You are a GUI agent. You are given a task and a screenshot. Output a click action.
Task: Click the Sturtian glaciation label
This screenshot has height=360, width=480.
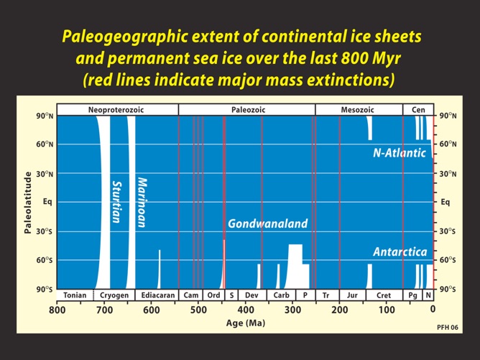[117, 202]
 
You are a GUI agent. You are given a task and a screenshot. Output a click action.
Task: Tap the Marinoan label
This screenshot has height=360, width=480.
[142, 202]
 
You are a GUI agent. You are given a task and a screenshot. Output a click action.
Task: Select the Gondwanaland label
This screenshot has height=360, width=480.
[267, 223]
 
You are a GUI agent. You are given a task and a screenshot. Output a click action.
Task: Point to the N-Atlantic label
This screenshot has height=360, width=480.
[399, 153]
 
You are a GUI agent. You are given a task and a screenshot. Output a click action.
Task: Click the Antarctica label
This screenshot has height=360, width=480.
[400, 252]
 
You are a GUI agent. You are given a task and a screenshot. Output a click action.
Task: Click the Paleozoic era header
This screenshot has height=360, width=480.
[246, 110]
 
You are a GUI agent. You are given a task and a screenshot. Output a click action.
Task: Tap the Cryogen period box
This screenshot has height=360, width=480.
[114, 295]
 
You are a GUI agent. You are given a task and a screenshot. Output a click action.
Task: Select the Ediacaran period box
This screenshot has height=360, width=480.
[155, 295]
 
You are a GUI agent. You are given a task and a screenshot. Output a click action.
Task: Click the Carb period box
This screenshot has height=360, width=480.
[281, 295]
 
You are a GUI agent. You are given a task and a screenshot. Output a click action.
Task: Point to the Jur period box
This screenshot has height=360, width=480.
[352, 295]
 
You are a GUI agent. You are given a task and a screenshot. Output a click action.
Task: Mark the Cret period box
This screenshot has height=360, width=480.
[384, 295]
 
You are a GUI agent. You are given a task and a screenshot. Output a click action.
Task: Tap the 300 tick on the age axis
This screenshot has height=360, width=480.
[292, 310]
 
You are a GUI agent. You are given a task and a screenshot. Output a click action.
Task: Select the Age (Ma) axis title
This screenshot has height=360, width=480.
[246, 323]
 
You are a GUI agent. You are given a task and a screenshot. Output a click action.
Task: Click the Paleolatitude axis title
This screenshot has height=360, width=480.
[27, 202]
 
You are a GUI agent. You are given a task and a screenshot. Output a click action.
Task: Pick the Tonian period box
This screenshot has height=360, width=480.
[75, 295]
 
